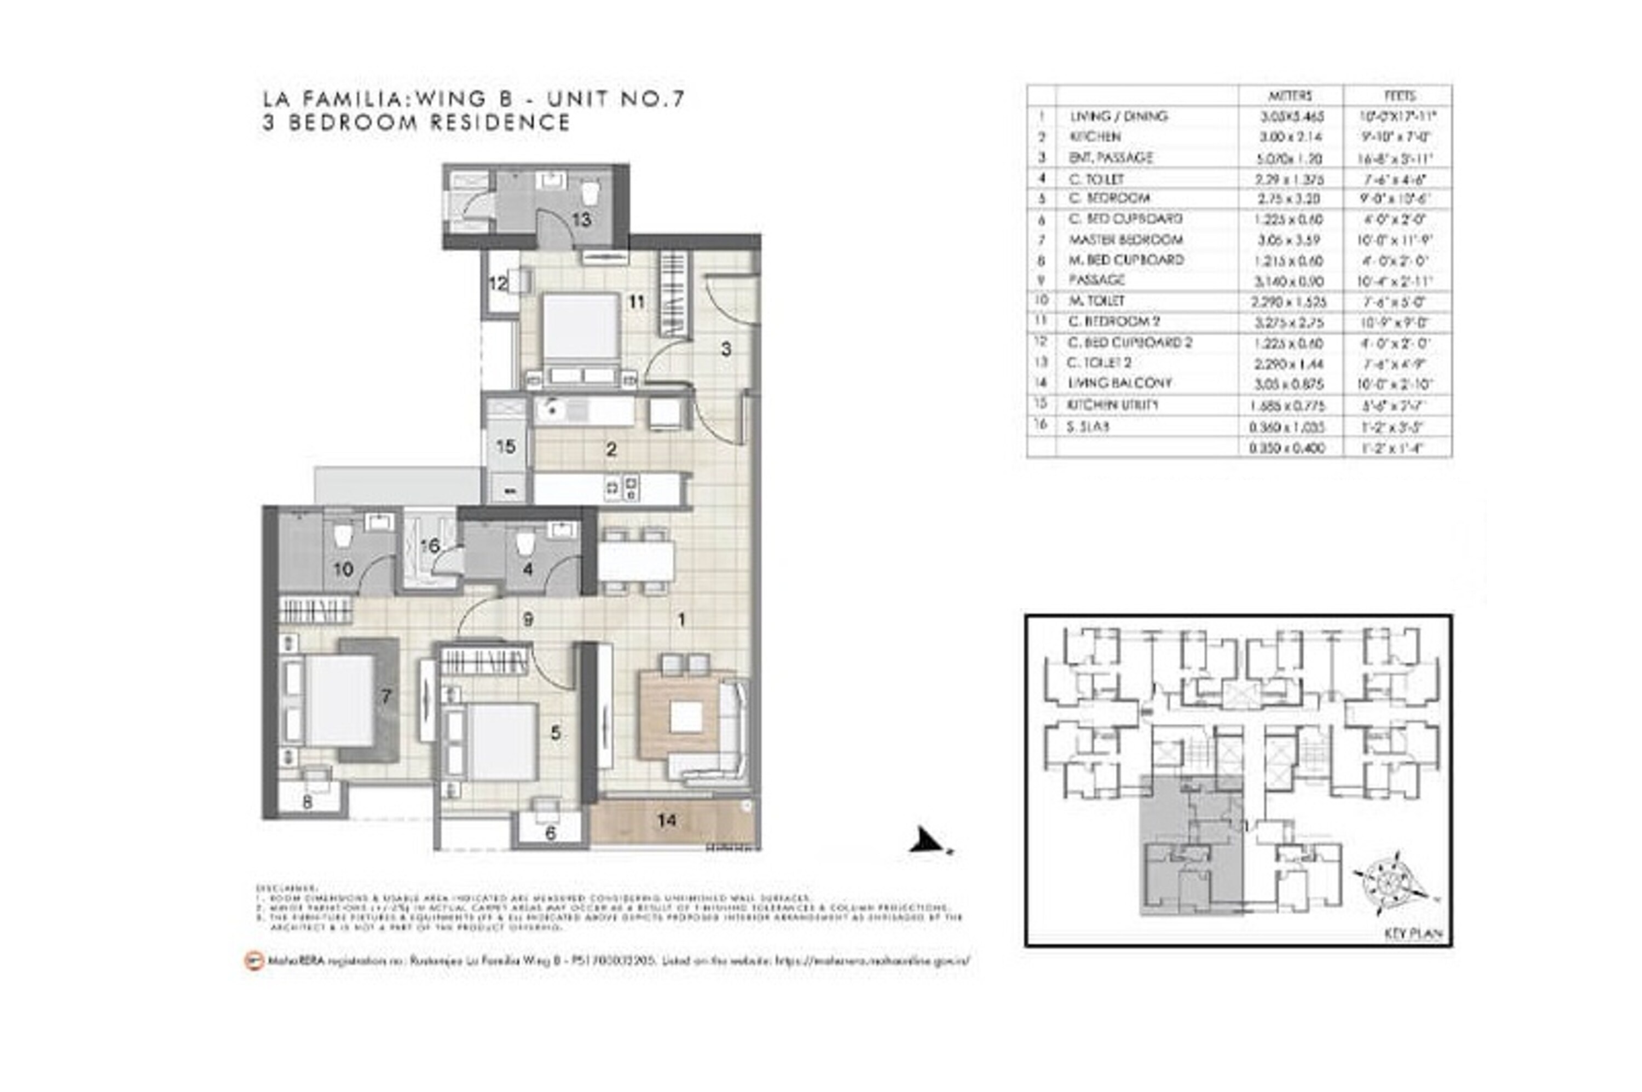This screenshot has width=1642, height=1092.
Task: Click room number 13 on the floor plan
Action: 581,219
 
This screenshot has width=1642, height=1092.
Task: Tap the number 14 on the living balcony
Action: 667,821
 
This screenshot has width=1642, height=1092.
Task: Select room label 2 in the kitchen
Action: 611,450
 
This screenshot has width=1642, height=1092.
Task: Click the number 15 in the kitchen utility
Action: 506,447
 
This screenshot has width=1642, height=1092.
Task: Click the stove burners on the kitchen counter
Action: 622,488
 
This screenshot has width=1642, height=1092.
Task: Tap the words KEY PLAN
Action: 1414,934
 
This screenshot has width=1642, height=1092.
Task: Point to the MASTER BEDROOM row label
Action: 1125,240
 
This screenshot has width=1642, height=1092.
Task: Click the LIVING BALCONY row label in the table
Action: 1120,383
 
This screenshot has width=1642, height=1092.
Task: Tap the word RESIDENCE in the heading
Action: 500,123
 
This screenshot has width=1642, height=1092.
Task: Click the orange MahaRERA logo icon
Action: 254,961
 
